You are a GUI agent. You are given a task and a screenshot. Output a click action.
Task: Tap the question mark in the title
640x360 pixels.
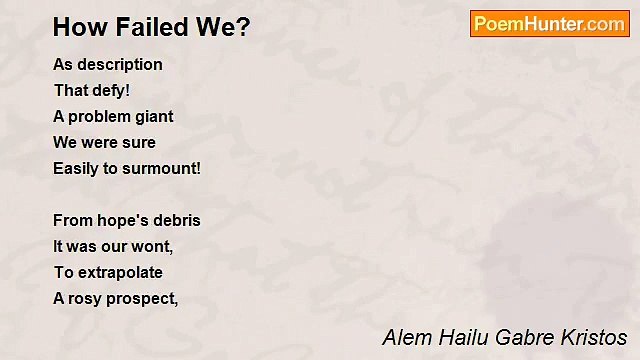pyautogui.click(x=243, y=27)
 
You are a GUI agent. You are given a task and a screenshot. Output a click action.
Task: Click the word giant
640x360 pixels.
pyautogui.click(x=151, y=116)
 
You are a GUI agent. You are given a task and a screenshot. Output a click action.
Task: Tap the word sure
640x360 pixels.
pyautogui.click(x=139, y=142)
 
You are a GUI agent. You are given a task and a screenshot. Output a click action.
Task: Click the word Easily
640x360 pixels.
pyautogui.click(x=76, y=168)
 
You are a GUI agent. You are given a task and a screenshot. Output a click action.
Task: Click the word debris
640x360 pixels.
pyautogui.click(x=176, y=220)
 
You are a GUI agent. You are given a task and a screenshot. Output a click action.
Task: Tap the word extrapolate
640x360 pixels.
pyautogui.click(x=118, y=272)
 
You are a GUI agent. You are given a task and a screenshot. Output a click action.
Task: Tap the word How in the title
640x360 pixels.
pyautogui.click(x=76, y=27)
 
